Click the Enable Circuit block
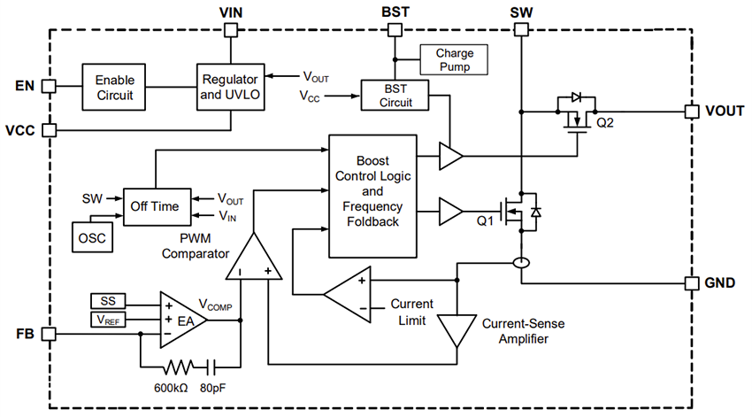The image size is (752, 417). click(115, 86)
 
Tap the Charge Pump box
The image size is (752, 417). click(454, 59)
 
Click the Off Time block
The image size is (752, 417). click(156, 206)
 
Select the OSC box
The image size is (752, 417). click(92, 238)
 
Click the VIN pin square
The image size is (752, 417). click(231, 29)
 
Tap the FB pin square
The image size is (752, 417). click(49, 334)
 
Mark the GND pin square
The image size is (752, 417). click(692, 283)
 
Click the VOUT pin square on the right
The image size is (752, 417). click(692, 112)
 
